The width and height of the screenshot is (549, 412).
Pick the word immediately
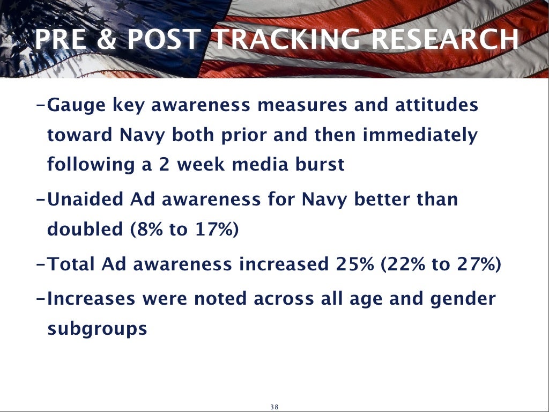[420, 135]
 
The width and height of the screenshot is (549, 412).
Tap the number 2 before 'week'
[162, 164]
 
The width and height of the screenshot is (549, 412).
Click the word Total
[72, 264]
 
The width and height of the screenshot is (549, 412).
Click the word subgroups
[97, 329]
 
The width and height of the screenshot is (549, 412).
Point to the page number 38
[274, 407]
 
